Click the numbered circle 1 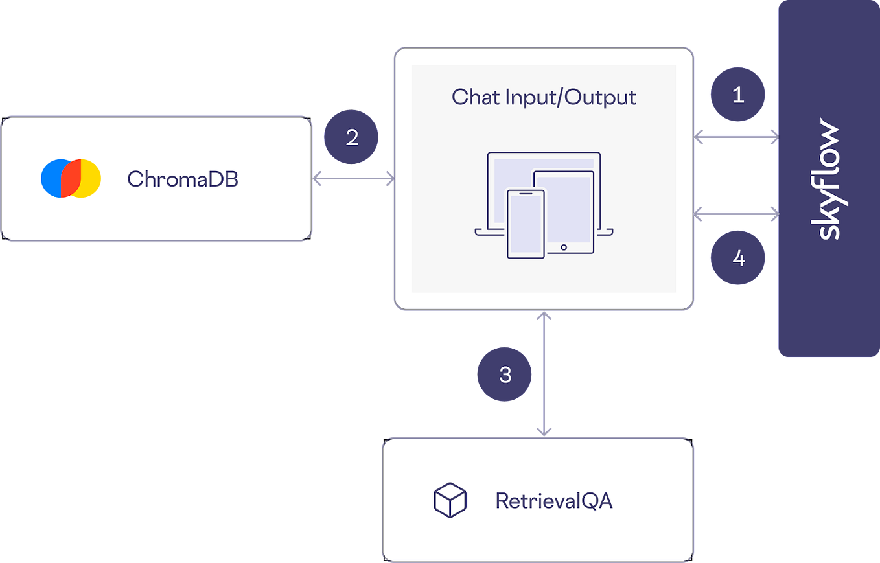click(737, 96)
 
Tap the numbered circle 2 click(352, 137)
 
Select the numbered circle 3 click(505, 374)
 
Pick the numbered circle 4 click(737, 259)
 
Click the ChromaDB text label click(183, 179)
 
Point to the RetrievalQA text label click(553, 501)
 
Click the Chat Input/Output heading click(544, 97)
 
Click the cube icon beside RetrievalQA click(450, 500)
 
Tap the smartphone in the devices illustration click(526, 223)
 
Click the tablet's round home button click(564, 247)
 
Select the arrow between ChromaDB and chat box click(353, 179)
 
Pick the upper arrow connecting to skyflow click(736, 136)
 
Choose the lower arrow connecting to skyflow click(736, 213)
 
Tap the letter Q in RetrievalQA click(590, 501)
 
